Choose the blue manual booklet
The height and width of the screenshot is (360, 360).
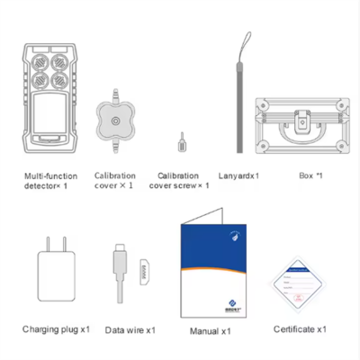pos(209,270)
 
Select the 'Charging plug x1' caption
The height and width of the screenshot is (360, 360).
pos(56,330)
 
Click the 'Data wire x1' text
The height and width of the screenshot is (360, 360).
pos(130,330)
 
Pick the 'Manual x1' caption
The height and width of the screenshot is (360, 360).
pos(211,331)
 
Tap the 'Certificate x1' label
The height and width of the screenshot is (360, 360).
pos(300,330)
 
